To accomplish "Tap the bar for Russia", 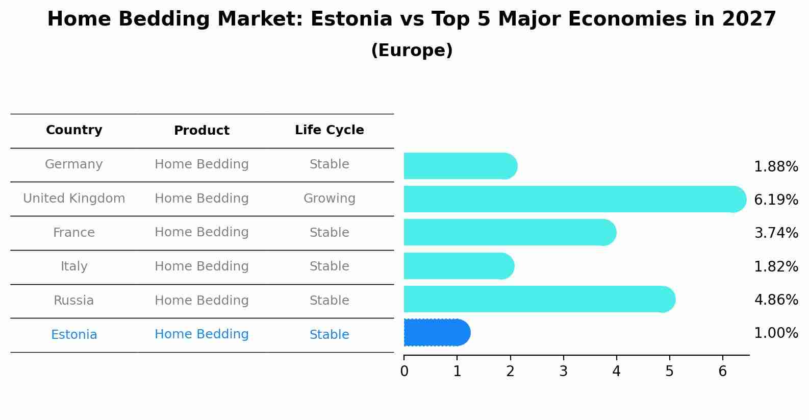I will pos(538,299).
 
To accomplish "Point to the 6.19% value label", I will pos(775,200).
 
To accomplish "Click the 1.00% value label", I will pos(775,333).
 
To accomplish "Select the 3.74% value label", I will pos(775,233).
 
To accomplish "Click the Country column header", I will pos(74,130).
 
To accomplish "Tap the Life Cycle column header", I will pos(329,130).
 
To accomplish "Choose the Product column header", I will pos(201,131).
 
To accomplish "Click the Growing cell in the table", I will pos(329,199).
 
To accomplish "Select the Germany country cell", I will pos(74,164).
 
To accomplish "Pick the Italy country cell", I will pos(74,266).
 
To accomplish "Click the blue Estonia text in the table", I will pos(74,335).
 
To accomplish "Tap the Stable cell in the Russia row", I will pos(329,301).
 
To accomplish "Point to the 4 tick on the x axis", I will pos(616,371).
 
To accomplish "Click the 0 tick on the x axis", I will pos(404,371).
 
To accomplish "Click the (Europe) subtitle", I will pos(412,51).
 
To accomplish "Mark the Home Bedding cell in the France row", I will pos(201,232).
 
